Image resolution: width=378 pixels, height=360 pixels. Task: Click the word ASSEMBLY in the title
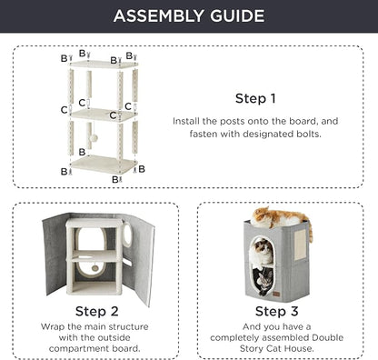[x=159, y=16]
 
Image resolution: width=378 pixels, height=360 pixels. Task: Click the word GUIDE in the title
[x=237, y=16]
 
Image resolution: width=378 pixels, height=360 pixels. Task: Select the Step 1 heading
[x=255, y=98]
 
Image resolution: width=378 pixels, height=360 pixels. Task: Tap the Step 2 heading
[x=96, y=311]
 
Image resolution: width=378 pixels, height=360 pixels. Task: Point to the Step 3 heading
[x=276, y=311]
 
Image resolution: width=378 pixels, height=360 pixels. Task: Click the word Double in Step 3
[x=327, y=337]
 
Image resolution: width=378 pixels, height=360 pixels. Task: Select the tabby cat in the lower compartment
[x=263, y=281]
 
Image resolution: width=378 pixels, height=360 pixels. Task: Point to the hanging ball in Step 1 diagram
[x=94, y=138]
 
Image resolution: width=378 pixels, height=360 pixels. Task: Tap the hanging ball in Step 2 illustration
[x=94, y=268]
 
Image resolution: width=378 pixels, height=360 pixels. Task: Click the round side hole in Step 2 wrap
[x=127, y=234]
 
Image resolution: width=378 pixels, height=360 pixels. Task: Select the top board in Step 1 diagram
[x=104, y=64]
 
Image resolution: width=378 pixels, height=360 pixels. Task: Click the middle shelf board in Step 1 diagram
[x=104, y=115]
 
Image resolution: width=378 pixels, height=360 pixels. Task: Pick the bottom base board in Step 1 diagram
[x=104, y=164]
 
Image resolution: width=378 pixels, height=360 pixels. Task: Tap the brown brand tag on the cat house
[x=276, y=294]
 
